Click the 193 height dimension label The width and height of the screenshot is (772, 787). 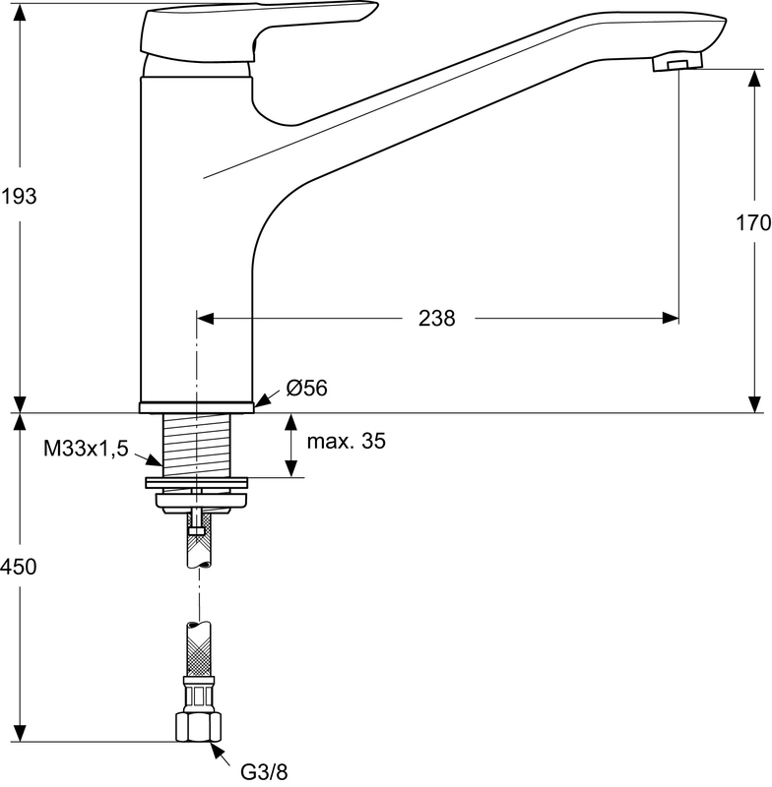(19, 196)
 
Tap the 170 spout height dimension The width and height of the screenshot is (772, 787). (753, 222)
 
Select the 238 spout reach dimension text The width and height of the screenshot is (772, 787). (437, 318)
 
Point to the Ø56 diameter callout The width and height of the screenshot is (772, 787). (306, 388)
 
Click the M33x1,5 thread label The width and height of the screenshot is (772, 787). (86, 449)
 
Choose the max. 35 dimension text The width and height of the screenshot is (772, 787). (346, 441)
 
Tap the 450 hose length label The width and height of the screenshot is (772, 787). (19, 567)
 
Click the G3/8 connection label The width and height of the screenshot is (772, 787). (265, 772)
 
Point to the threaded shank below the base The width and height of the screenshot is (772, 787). (197, 446)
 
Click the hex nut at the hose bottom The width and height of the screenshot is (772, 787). (198, 727)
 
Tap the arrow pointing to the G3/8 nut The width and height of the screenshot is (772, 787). (221, 752)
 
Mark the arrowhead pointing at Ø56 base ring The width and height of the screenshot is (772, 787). (262, 400)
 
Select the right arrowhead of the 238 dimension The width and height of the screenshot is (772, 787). (671, 318)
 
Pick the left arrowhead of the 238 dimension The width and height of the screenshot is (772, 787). (206, 318)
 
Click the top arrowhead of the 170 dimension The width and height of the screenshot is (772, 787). (754, 78)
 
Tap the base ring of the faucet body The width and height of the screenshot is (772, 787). (196, 407)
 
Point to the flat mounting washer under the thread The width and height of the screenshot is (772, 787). (196, 482)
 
